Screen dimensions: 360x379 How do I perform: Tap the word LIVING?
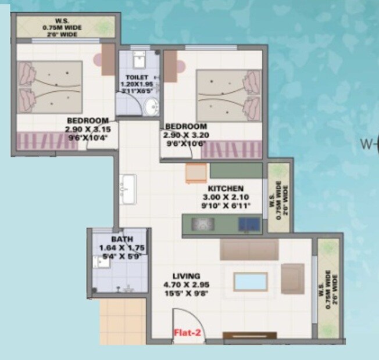(x=187, y=276)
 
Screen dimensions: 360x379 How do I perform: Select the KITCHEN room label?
(x=226, y=189)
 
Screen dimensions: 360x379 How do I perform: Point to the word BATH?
(x=121, y=239)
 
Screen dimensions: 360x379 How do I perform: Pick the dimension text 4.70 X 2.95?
(x=187, y=285)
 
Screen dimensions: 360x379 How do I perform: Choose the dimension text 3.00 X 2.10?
(x=226, y=197)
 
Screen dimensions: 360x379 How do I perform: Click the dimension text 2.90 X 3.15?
(x=88, y=129)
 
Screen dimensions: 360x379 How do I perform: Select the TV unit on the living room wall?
(x=250, y=335)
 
